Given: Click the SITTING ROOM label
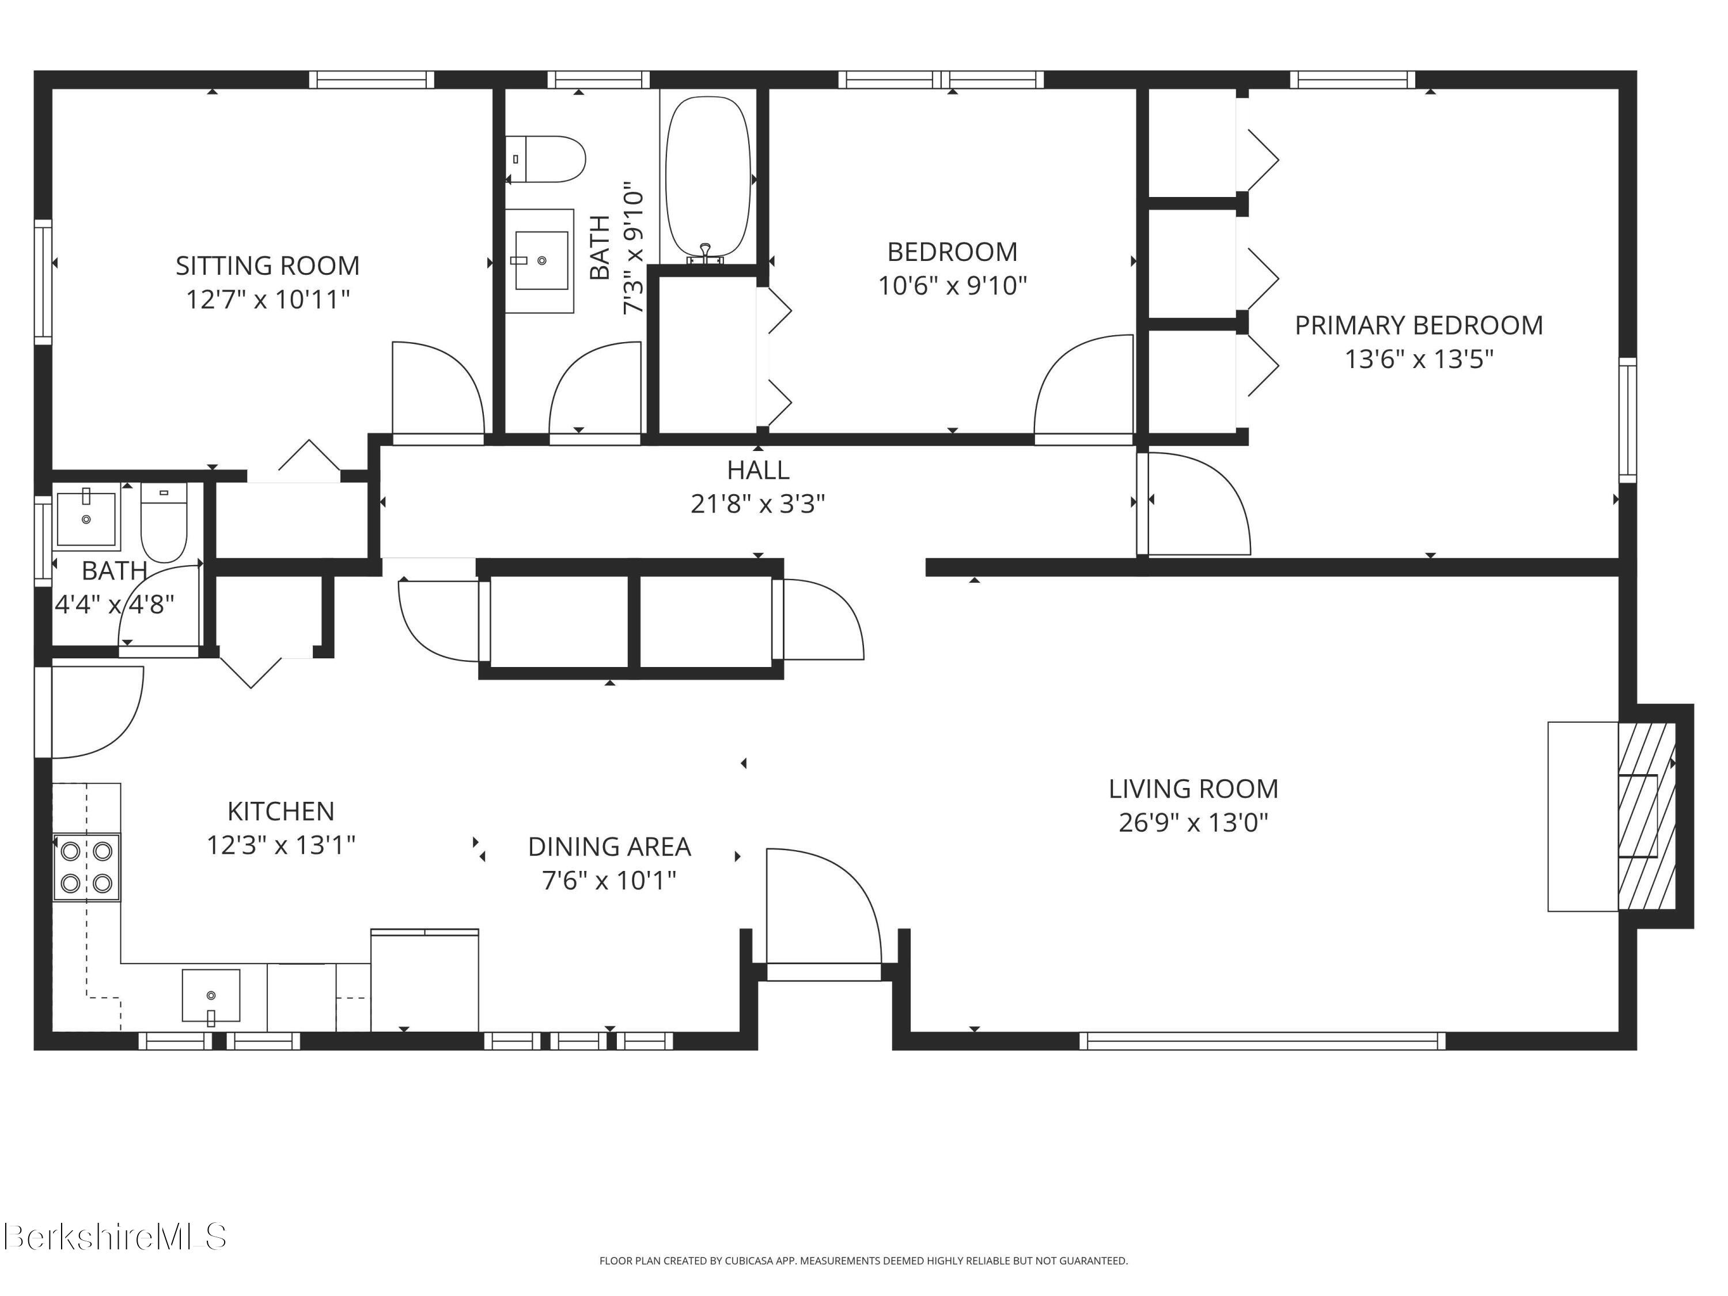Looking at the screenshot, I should tap(267, 266).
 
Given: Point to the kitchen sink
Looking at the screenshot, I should tap(211, 996).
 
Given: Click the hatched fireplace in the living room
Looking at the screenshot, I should tap(1647, 816).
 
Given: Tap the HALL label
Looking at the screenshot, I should tap(758, 470).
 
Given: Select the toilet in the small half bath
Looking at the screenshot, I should tap(164, 522).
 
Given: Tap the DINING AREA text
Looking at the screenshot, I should tap(609, 847).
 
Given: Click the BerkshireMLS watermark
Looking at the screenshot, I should tap(115, 1237).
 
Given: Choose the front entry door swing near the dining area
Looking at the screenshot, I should tap(824, 906).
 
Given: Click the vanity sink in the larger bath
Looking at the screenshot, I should tap(541, 260).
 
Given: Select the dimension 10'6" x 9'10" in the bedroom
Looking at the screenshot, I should tap(952, 286).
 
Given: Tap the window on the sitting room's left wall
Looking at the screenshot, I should tap(43, 281).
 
